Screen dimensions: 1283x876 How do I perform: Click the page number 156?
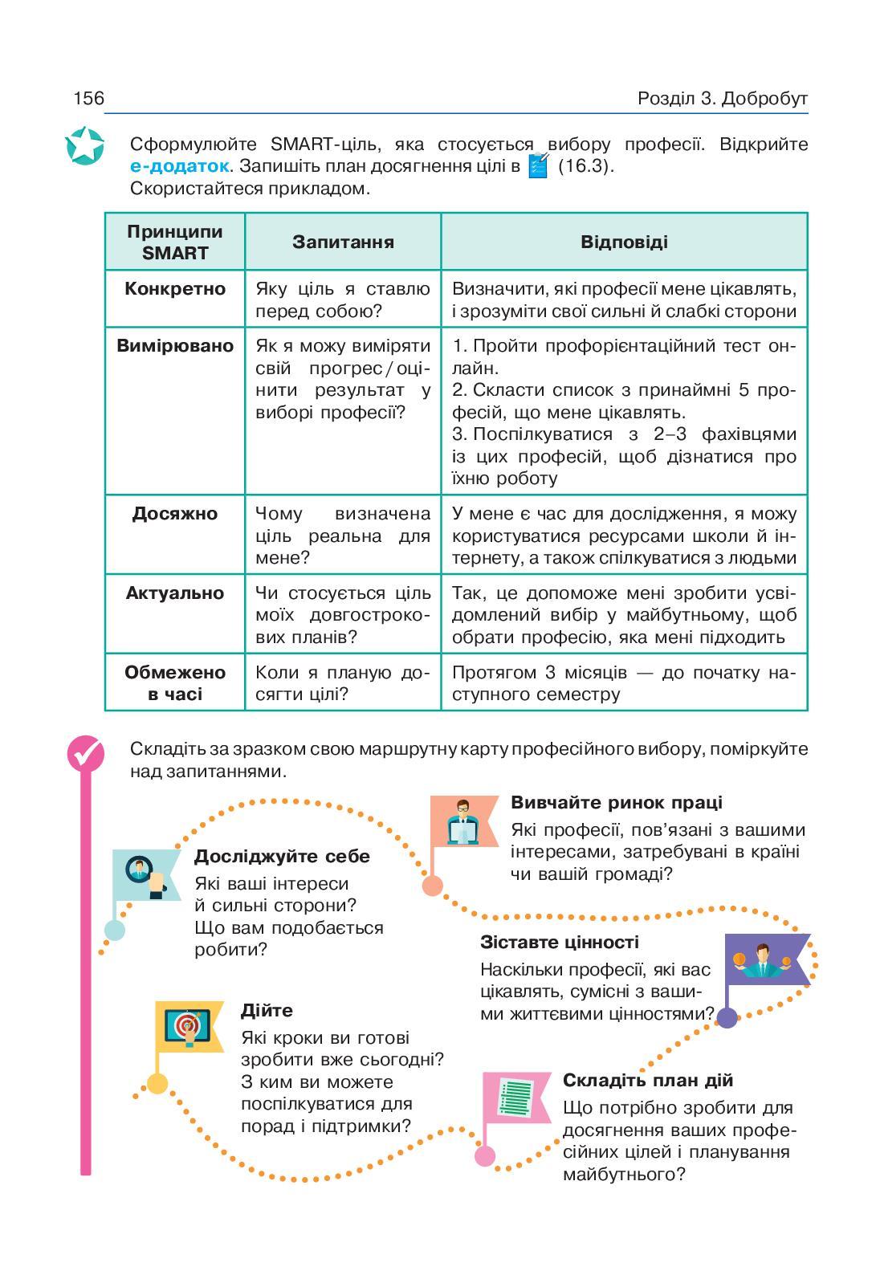pos(88,99)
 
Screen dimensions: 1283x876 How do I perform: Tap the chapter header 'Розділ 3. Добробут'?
pos(722,99)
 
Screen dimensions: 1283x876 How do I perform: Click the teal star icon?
pos(84,146)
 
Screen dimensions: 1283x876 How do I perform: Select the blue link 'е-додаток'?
pos(179,167)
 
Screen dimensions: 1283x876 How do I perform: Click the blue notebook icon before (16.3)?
pos(539,166)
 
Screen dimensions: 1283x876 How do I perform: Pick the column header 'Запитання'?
pos(343,242)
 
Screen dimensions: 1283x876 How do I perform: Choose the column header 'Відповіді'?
pos(624,242)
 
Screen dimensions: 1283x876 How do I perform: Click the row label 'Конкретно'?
pos(175,289)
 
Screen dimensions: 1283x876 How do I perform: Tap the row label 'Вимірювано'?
pos(175,346)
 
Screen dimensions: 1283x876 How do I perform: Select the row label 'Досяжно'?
pos(175,514)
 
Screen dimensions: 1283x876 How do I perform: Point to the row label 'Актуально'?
pos(175,593)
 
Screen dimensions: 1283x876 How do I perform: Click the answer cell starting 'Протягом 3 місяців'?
pos(624,682)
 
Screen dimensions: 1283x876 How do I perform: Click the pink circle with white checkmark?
pos(85,754)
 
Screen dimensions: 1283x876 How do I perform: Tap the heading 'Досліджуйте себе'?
pos(282,857)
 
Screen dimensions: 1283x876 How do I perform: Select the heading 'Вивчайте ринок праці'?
pos(616,803)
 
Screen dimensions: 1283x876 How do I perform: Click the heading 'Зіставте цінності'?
pos(559,943)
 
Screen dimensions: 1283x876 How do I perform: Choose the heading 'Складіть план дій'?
pos(647,1081)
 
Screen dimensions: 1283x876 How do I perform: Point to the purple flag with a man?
pos(765,959)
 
